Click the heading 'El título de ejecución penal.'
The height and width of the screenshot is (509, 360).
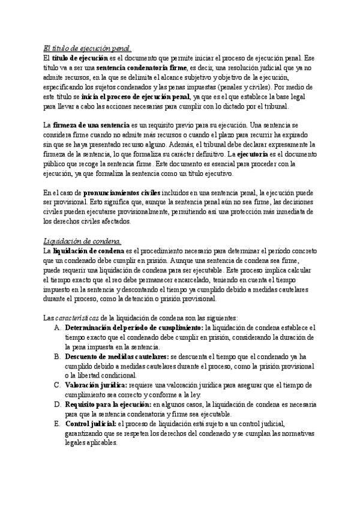point(88,49)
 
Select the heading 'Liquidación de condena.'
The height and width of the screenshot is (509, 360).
point(82,241)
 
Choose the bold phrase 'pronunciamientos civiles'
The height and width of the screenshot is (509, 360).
point(112,193)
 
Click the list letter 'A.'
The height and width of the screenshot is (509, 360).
point(57,328)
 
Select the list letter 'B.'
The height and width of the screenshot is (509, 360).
point(57,357)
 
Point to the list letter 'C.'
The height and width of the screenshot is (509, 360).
point(57,385)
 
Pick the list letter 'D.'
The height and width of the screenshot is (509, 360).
point(57,405)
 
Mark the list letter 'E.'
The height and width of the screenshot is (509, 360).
point(57,424)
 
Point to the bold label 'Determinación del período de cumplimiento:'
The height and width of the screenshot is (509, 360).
point(134,328)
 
